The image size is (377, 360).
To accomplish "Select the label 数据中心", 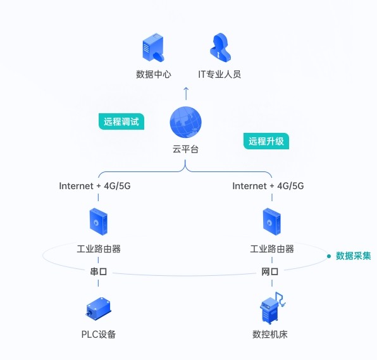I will [154, 74].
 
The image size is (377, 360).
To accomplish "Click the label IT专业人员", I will [219, 74].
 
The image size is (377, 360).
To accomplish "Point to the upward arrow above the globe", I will [186, 94].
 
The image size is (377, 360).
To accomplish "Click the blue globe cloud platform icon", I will [186, 122].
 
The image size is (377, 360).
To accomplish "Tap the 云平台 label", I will [186, 149].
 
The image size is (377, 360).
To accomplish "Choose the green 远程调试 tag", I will [121, 121].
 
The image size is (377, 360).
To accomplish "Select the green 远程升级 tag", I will [266, 141].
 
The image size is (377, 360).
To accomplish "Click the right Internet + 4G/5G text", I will [268, 186].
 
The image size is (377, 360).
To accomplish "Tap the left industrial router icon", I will [99, 222].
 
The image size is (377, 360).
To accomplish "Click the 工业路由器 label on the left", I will [99, 249].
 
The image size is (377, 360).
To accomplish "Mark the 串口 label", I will [99, 271].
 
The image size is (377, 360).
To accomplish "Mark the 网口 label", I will [271, 271].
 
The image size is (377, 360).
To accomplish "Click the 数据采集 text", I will [353, 256].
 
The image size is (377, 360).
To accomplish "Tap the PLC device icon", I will [99, 308].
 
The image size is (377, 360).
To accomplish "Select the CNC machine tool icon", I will [272, 309].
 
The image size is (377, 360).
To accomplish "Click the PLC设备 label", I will [99, 334].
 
